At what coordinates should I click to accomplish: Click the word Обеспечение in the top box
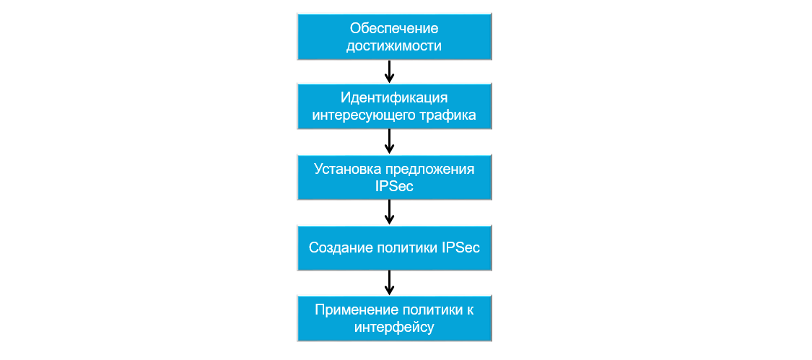[x=395, y=29]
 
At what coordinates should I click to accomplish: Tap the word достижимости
[x=395, y=46]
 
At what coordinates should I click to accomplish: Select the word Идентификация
[x=395, y=98]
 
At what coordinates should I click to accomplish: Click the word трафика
[x=448, y=115]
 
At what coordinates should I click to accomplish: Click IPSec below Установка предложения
[x=395, y=186]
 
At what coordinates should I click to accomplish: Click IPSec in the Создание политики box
[x=461, y=247]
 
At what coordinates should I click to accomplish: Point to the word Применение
[x=352, y=309]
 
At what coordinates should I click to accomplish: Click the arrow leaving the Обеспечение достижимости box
[x=389, y=71]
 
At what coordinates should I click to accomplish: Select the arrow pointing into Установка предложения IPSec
[x=389, y=141]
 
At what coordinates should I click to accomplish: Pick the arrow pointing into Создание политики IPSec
[x=389, y=212]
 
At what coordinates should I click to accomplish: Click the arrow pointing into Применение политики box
[x=389, y=283]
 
